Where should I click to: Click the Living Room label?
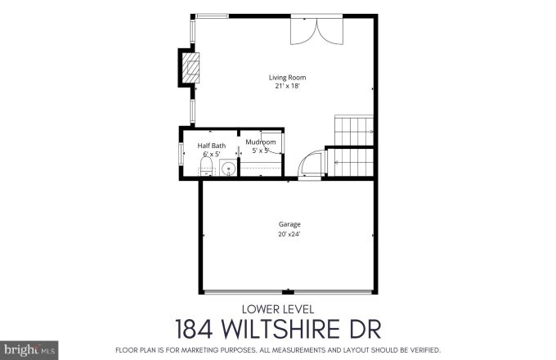coord(287,78)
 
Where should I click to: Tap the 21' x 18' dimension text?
coord(287,86)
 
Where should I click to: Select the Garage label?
coord(289,224)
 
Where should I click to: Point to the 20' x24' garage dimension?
coord(289,234)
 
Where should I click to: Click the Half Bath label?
coord(211,146)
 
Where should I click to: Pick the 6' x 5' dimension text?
coord(212,154)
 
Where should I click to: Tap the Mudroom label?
coord(261,142)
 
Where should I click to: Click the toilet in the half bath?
coord(206,167)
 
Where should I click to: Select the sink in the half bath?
coord(228,168)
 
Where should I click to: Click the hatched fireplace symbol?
coord(191,68)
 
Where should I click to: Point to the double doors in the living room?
coord(316,31)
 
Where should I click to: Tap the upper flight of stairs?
coord(354,131)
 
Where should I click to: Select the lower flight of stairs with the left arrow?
coord(350,162)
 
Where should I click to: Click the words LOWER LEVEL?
coord(278,309)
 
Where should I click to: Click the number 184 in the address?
coord(194,330)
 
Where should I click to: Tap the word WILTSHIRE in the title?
coord(280,330)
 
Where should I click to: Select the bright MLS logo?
coord(29,350)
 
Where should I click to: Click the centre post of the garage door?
coord(288,292)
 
